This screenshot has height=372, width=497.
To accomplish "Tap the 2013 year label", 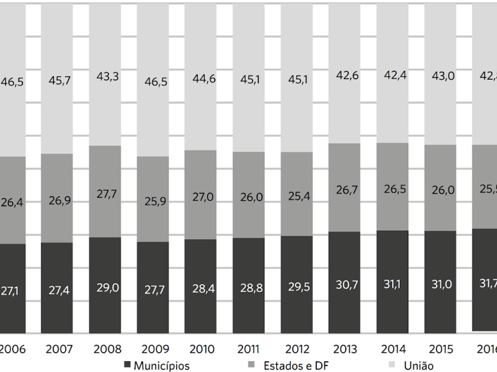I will tap(345, 349).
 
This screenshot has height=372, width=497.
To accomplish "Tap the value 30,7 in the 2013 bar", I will tap(345, 285).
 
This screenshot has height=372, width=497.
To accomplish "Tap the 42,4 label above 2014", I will tap(393, 76).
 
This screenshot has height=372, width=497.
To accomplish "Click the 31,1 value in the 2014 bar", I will tap(393, 284).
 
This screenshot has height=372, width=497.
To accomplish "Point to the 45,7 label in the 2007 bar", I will tap(57, 81).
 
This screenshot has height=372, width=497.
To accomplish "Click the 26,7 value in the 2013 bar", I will tap(345, 191).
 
